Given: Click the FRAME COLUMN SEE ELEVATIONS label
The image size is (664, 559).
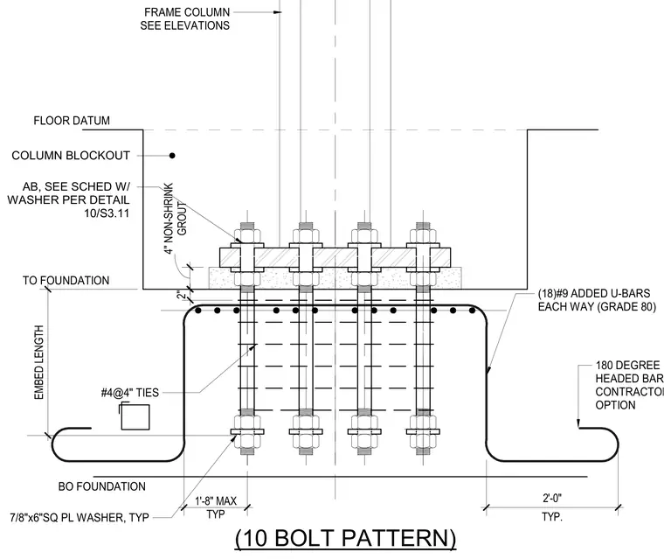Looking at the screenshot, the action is pyautogui.click(x=185, y=19).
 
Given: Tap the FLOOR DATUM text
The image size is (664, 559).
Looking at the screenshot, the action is pyautogui.click(x=72, y=121).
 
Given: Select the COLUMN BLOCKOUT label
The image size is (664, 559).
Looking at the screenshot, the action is pyautogui.click(x=71, y=156).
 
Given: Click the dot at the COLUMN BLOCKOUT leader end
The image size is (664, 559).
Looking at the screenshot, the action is pyautogui.click(x=172, y=156).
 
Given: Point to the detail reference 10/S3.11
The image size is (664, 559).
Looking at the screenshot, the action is pyautogui.click(x=107, y=213).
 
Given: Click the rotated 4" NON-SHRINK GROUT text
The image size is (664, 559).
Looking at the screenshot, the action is pyautogui.click(x=176, y=219).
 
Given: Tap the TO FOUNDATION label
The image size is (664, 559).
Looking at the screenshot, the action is pyautogui.click(x=66, y=280).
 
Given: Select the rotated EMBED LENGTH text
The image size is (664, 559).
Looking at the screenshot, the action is pyautogui.click(x=39, y=362).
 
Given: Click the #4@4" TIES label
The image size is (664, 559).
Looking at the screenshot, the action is pyautogui.click(x=130, y=393).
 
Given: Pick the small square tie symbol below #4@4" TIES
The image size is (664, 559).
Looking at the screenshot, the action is pyautogui.click(x=135, y=417).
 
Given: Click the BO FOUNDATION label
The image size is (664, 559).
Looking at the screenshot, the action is pyautogui.click(x=101, y=486).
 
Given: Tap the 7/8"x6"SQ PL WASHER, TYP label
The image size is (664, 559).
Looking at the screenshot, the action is pyautogui.click(x=80, y=517).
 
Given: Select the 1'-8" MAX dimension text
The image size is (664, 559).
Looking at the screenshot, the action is pyautogui.click(x=216, y=501).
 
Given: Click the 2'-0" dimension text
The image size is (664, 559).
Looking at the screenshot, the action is pyautogui.click(x=552, y=499).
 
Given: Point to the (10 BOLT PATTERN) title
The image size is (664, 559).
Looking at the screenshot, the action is pyautogui.click(x=346, y=538).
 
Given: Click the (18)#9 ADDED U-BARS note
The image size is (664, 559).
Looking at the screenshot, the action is pyautogui.click(x=597, y=300).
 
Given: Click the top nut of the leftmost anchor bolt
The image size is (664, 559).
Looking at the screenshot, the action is pyautogui.click(x=247, y=235).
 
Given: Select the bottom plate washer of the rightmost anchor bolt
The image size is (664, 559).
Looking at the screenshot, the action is pyautogui.click(x=423, y=432).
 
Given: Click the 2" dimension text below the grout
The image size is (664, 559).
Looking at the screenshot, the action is pyautogui.click(x=182, y=295).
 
